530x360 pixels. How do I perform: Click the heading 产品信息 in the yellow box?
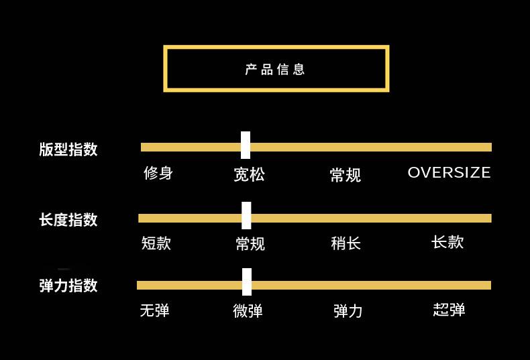276,69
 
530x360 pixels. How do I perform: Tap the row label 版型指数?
68,149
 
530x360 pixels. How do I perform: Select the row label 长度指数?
68,220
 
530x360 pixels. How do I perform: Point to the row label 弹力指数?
68,286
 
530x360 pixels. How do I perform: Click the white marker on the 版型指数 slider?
246,145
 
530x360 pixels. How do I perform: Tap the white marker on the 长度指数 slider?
246,216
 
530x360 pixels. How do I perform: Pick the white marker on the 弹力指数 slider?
247,282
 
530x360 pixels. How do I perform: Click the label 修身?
158,173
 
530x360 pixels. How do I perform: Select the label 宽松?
249,175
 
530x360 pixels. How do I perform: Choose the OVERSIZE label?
449,172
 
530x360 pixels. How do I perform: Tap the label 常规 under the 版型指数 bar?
346,176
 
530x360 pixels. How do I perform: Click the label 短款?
156,243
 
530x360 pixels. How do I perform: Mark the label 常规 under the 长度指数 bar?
250,244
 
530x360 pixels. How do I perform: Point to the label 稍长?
346,243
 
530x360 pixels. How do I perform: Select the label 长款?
447,242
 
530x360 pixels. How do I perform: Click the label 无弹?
154,311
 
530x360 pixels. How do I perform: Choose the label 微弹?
248,311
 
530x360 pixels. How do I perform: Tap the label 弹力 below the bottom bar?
348,311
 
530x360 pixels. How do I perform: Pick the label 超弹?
449,310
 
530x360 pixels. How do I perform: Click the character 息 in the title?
299,69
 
